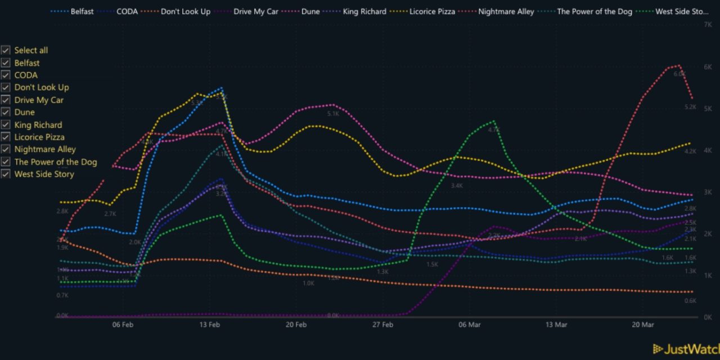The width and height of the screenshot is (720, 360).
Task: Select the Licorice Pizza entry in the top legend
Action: point(433,11)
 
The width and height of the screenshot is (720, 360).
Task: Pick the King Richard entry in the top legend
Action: point(364,11)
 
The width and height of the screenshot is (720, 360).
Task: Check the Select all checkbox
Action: point(6,51)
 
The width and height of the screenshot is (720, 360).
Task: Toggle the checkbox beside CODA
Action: point(6,75)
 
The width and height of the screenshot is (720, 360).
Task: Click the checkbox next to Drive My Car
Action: point(6,100)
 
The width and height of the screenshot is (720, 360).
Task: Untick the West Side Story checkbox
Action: point(6,174)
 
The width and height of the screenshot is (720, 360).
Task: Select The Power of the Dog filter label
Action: point(55,162)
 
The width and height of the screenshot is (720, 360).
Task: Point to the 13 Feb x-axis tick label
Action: point(209,325)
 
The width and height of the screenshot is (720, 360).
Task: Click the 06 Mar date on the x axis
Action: point(470,325)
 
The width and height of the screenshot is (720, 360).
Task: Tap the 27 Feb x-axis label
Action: point(382,325)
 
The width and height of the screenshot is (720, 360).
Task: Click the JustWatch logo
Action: point(686,349)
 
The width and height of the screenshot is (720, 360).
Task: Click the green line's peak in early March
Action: point(494,121)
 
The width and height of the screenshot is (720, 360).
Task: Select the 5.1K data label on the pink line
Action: point(333,114)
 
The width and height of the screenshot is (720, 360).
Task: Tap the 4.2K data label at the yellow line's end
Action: point(690,151)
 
